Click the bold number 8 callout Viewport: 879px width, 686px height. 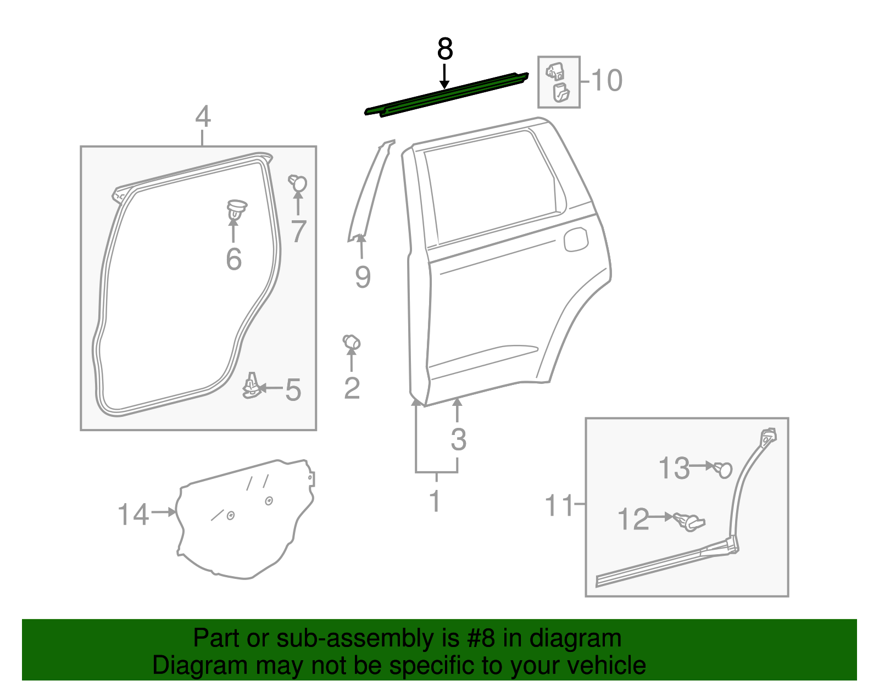pyautogui.click(x=444, y=49)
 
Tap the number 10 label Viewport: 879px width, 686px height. pyautogui.click(x=607, y=81)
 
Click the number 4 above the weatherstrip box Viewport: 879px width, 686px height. pyautogui.click(x=203, y=117)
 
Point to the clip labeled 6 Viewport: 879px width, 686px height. pyautogui.click(x=236, y=209)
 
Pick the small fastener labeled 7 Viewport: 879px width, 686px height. pyautogui.click(x=298, y=183)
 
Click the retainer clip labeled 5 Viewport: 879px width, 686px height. pyautogui.click(x=251, y=386)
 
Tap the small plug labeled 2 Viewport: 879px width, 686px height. pyautogui.click(x=351, y=342)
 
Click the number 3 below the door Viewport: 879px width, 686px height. pyautogui.click(x=458, y=439)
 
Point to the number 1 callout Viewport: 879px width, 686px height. pyautogui.click(x=435, y=501)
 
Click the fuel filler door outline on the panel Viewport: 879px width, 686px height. pyautogui.click(x=576, y=239)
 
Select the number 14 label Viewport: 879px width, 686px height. pyautogui.click(x=133, y=515)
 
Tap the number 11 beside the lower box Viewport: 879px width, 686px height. pyautogui.click(x=559, y=505)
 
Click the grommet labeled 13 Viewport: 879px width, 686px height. pyautogui.click(x=724, y=469)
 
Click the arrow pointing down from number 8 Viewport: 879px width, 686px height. pyautogui.click(x=444, y=77)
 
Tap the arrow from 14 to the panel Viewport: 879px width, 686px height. pyautogui.click(x=163, y=512)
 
